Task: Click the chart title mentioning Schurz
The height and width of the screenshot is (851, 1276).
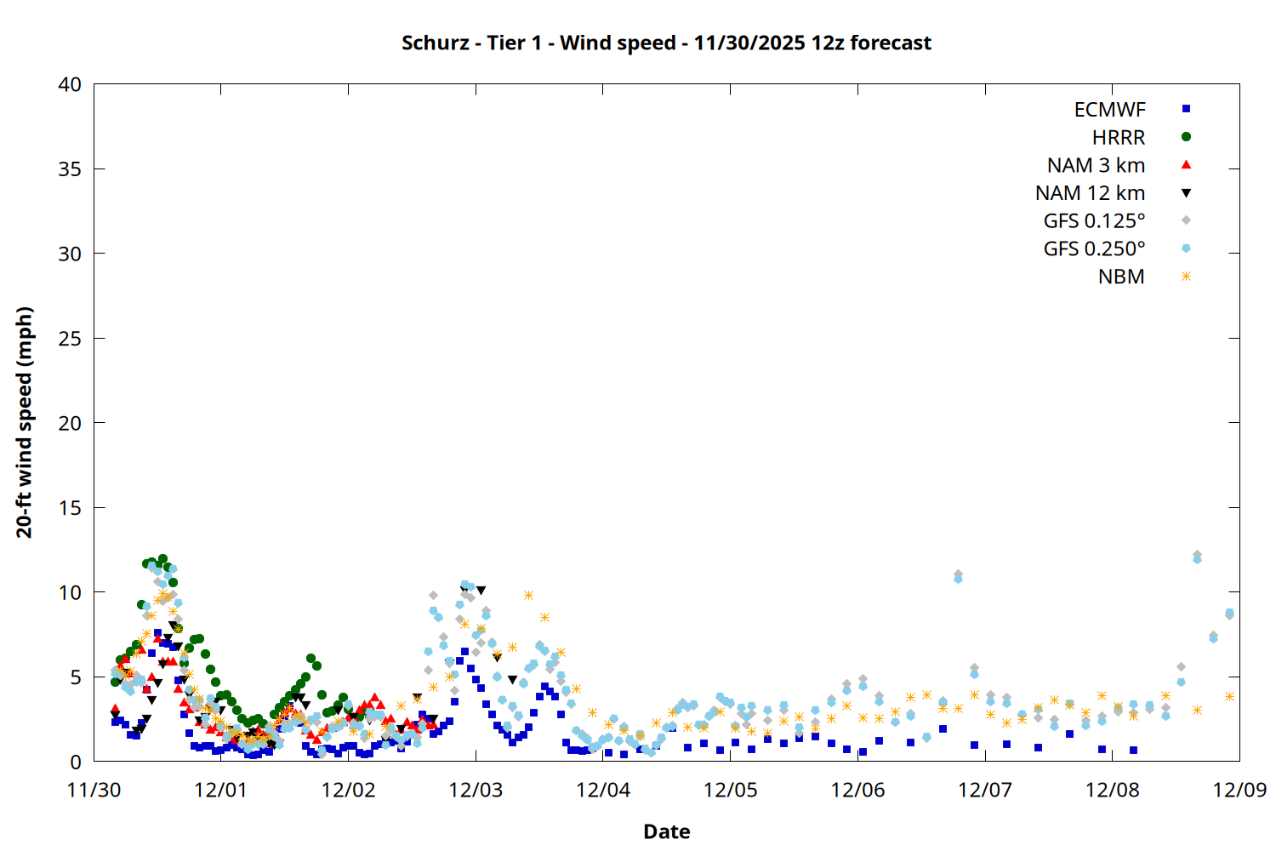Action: pos(666,43)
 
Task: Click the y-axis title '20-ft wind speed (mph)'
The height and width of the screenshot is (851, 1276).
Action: pos(24,422)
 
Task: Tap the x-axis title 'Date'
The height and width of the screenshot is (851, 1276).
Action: pos(666,831)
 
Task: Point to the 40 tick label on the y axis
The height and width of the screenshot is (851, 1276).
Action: pos(70,84)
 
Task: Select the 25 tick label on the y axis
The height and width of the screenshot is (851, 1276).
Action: pos(70,339)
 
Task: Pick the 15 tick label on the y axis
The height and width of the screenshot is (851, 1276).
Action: pos(70,508)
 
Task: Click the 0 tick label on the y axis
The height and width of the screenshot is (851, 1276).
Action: pos(76,762)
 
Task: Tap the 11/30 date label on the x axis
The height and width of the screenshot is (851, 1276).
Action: pos(94,790)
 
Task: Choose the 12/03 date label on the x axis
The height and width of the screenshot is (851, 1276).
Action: pos(476,790)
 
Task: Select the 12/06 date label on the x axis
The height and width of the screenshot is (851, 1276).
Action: pos(857,790)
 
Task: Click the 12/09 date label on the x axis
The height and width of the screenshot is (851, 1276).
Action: pos(1239,790)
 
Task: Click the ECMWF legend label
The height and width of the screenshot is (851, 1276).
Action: pos(1109,109)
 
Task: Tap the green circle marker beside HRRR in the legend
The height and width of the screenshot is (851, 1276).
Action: pos(1186,137)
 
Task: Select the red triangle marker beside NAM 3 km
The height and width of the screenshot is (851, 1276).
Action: pos(1186,164)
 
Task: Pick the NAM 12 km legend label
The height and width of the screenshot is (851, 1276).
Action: pos(1090,193)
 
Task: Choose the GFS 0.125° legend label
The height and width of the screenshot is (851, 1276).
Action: pos(1094,221)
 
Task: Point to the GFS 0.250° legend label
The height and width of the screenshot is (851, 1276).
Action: pos(1094,248)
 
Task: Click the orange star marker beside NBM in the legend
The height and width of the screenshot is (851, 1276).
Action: pos(1186,277)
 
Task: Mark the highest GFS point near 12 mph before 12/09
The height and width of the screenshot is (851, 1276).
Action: pos(1197,556)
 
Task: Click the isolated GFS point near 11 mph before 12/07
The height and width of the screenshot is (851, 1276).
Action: pos(958,576)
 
